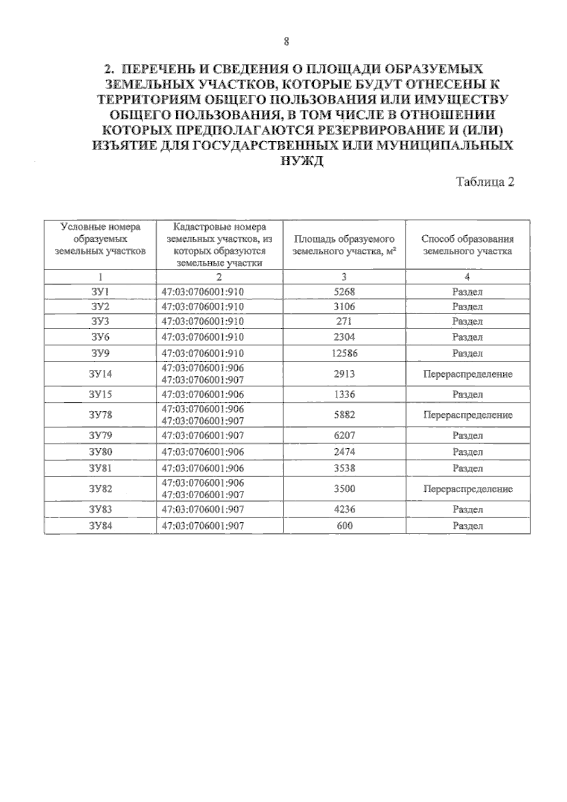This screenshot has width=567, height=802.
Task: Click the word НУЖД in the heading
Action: pyautogui.click(x=302, y=161)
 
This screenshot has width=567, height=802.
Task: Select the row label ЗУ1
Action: pyautogui.click(x=100, y=292)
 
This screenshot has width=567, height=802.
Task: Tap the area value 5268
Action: pyautogui.click(x=344, y=292)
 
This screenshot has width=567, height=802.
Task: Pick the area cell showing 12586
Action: pyautogui.click(x=344, y=353)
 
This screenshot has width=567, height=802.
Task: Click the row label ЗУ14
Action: pyautogui.click(x=100, y=374)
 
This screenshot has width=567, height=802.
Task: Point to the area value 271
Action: pyautogui.click(x=344, y=322)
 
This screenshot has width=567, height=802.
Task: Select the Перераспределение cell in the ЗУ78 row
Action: pyautogui.click(x=468, y=415)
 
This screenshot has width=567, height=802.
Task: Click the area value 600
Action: pyautogui.click(x=344, y=526)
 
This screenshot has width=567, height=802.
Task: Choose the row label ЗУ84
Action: pyautogui.click(x=100, y=526)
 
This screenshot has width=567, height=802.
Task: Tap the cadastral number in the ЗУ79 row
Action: pyautogui.click(x=203, y=435)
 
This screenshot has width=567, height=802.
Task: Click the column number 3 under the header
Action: pyautogui.click(x=344, y=277)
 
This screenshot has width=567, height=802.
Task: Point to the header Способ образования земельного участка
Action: pyautogui.click(x=467, y=245)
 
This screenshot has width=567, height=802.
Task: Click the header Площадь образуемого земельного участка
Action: pyautogui.click(x=344, y=245)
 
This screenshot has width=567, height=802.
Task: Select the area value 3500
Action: pyautogui.click(x=344, y=489)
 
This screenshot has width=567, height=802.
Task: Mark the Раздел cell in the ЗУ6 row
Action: pyautogui.click(x=467, y=337)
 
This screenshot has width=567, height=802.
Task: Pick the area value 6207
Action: pyautogui.click(x=344, y=435)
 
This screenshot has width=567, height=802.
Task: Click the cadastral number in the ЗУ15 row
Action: pyautogui.click(x=203, y=394)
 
